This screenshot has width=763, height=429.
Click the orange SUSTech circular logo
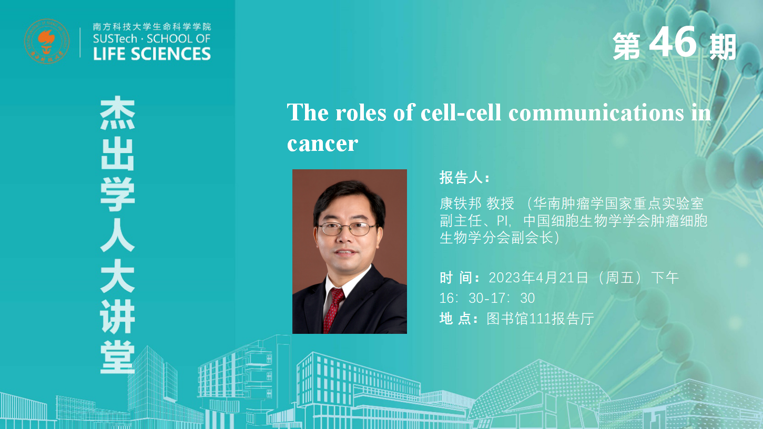[x=47, y=41]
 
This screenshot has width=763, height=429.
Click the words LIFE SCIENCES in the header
[x=152, y=54]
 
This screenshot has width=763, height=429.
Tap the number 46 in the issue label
[x=673, y=42]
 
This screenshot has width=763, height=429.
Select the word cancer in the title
[x=322, y=144]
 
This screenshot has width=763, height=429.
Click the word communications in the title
[x=596, y=113]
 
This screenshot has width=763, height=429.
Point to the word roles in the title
[x=361, y=113]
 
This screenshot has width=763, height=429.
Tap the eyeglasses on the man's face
[x=347, y=229]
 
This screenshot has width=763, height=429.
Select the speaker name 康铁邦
[x=460, y=203]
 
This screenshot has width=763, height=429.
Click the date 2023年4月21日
[x=538, y=278]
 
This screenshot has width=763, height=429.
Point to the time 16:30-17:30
[x=487, y=298]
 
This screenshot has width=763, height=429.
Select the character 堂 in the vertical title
[x=117, y=357]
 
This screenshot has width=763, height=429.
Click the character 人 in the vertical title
[x=117, y=234]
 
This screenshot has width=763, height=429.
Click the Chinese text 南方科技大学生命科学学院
[x=152, y=27]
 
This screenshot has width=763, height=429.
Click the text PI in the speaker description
[x=502, y=221]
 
